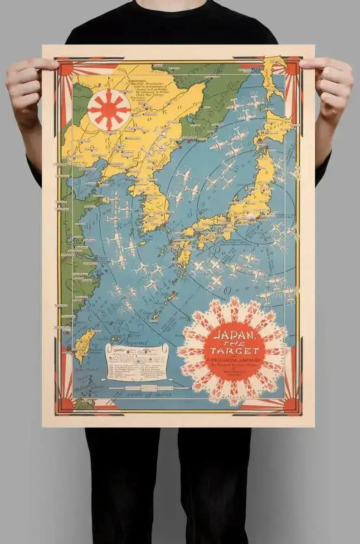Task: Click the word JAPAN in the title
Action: point(233,337)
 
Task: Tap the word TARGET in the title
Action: point(234,351)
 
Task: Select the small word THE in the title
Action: point(234,343)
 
